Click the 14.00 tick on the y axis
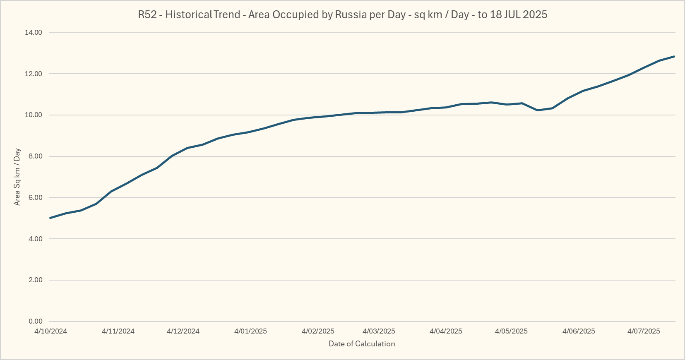pyautogui.click(x=34, y=32)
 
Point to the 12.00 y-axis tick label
pyautogui.click(x=34, y=74)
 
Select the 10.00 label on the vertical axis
pyautogui.click(x=34, y=115)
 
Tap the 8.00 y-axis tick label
pyautogui.click(x=35, y=156)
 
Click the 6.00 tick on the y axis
pyautogui.click(x=35, y=198)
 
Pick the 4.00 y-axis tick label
pyautogui.click(x=35, y=239)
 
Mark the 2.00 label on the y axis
pyautogui.click(x=35, y=280)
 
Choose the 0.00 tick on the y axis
pyautogui.click(x=35, y=322)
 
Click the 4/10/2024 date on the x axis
pyautogui.click(x=50, y=331)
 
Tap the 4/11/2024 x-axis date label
pyautogui.click(x=118, y=331)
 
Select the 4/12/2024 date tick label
pyautogui.click(x=183, y=331)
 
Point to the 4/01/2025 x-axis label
pyautogui.click(x=250, y=331)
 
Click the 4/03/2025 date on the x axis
pyautogui.click(x=379, y=331)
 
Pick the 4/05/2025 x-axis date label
pyautogui.click(x=511, y=331)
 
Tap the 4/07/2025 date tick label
pyautogui.click(x=644, y=331)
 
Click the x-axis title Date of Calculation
pyautogui.click(x=362, y=344)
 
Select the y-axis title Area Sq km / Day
pyautogui.click(x=17, y=177)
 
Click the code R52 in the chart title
pyautogui.click(x=147, y=15)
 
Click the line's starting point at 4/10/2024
pyautogui.click(x=50, y=218)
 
